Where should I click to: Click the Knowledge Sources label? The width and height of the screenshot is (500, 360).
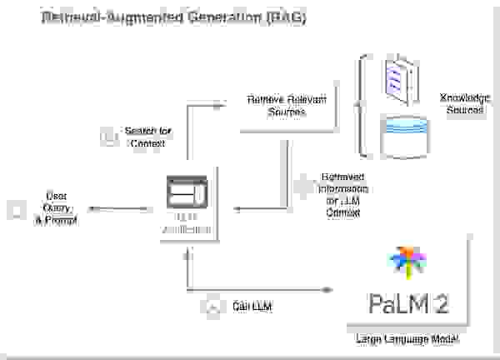pyautogui.click(x=462, y=103)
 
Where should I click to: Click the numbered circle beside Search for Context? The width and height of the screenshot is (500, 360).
pyautogui.click(x=107, y=137)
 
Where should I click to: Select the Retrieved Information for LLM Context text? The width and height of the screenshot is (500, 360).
pyautogui.click(x=345, y=195)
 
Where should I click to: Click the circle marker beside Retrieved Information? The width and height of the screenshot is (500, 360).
pyautogui.click(x=301, y=187)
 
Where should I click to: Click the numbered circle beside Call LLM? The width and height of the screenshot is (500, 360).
pyautogui.click(x=212, y=307)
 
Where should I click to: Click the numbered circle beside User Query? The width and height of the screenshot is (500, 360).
pyautogui.click(x=16, y=210)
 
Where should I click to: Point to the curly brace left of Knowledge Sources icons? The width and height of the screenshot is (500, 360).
pyautogui.click(x=362, y=104)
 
